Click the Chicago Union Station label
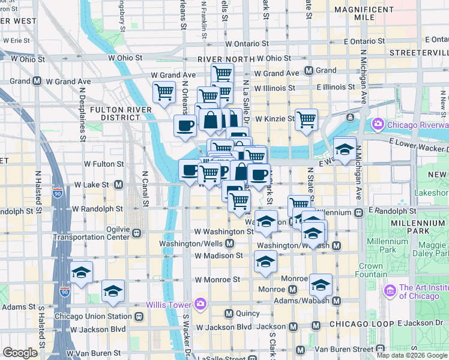point(93,316)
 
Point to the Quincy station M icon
point(229,313)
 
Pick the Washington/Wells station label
point(192,244)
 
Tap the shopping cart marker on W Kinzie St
point(307,119)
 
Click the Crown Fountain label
point(372,270)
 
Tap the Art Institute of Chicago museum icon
point(391,291)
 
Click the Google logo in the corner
point(20,353)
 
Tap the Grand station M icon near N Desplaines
point(37,81)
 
